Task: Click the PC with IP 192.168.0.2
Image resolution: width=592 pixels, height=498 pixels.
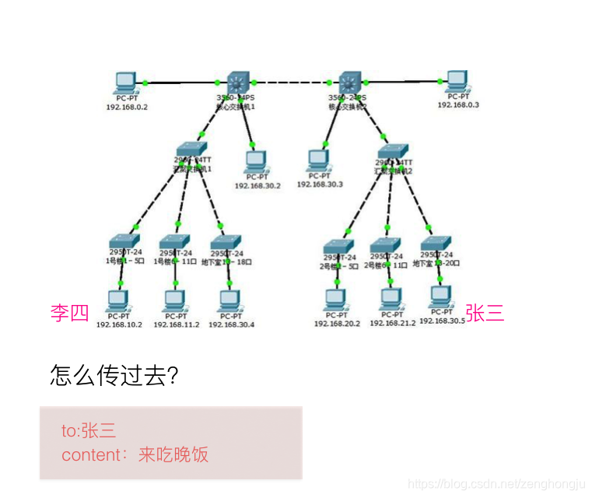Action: coord(125,82)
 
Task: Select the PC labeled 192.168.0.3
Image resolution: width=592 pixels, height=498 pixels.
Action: coord(457,81)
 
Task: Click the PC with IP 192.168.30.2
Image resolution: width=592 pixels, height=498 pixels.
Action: coord(256,162)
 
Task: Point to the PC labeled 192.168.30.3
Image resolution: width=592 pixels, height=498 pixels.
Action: coord(318,160)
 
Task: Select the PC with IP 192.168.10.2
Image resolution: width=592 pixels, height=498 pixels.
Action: coord(118,299)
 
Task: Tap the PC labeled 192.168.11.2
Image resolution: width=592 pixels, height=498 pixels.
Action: coord(175,299)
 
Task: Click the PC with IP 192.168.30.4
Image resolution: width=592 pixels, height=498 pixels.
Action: coord(229,299)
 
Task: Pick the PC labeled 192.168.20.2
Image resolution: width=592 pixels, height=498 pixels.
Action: coord(336,298)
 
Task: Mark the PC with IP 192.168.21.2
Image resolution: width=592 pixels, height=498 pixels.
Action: coord(391,298)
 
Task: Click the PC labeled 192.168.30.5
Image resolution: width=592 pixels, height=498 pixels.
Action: coord(441,296)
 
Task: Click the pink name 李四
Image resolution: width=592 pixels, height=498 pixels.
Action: coord(70,314)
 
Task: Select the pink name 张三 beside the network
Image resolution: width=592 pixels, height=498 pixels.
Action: coord(485,313)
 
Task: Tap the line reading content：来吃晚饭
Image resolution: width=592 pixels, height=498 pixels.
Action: coord(135,454)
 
